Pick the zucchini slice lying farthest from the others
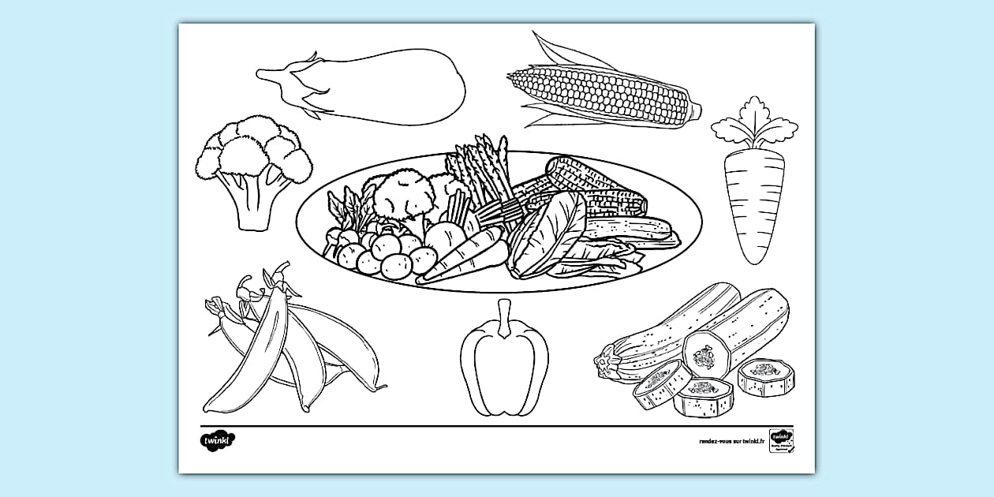click(765, 377)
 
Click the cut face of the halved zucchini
click(704, 356)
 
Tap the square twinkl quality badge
click(781, 441)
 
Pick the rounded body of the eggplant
click(394, 87)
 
